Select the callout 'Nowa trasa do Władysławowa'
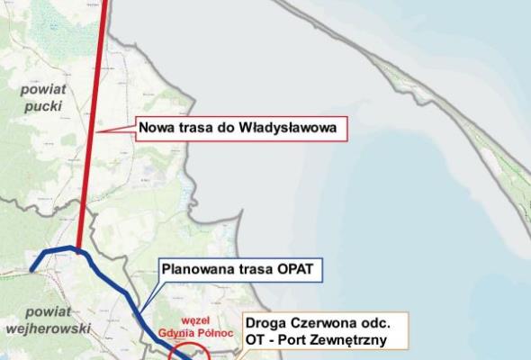(x=242, y=128)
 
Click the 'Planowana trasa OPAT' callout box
(x=240, y=269)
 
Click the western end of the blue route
(x=33, y=268)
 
